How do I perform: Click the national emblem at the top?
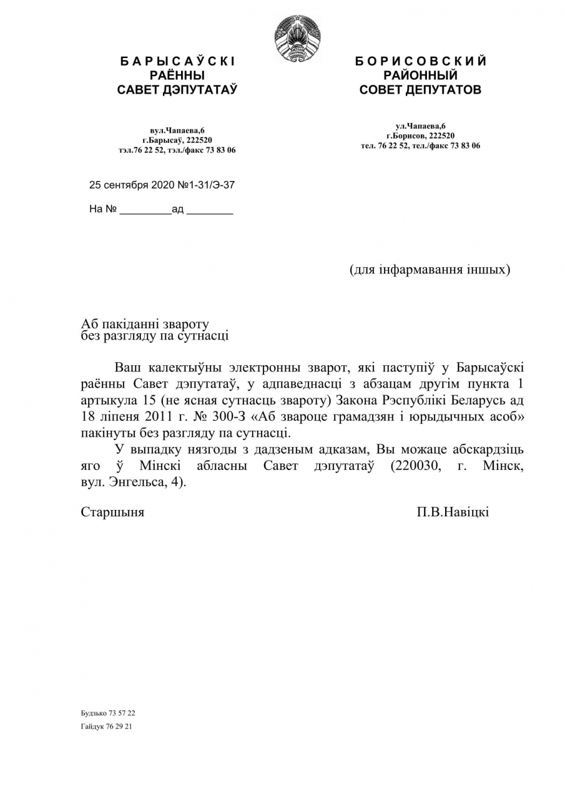(298, 39)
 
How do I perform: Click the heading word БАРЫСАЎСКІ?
(177, 61)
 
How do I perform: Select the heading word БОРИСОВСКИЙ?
(420, 61)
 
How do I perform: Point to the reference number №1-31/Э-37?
(207, 185)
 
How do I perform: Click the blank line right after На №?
(145, 210)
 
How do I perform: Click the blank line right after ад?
(210, 210)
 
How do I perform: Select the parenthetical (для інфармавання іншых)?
(430, 270)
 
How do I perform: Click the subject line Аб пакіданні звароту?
(145, 324)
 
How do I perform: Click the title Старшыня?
(112, 512)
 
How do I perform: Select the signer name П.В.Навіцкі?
(453, 512)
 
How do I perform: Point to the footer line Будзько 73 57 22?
(108, 713)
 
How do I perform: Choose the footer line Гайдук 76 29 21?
(106, 727)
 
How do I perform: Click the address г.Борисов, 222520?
(420, 135)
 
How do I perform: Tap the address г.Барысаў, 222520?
(177, 140)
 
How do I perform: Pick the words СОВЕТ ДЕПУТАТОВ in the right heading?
(420, 90)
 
